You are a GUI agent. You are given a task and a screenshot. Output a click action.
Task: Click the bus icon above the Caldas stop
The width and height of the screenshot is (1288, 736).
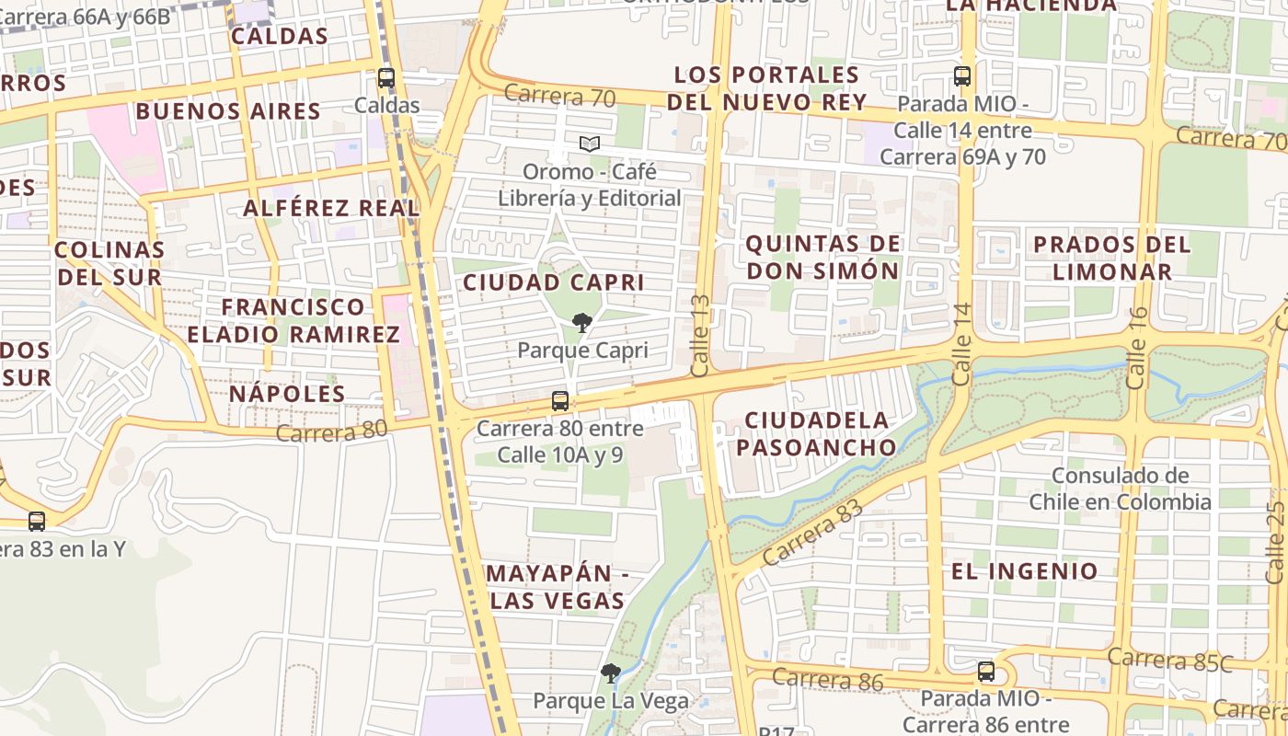point(386,78)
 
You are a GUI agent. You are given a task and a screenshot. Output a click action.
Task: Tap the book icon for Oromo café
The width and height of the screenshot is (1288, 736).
point(590,144)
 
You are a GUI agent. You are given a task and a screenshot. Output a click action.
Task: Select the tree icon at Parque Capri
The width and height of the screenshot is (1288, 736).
point(581,322)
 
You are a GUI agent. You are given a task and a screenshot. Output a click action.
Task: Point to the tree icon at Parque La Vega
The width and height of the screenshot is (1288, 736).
point(610,673)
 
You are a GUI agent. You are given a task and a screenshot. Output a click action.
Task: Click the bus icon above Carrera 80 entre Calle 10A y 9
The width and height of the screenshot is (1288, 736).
point(559,401)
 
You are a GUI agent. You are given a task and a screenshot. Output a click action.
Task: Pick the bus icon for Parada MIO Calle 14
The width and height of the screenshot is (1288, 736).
point(962,76)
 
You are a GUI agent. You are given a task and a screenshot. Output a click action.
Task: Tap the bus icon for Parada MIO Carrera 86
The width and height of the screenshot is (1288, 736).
point(986,672)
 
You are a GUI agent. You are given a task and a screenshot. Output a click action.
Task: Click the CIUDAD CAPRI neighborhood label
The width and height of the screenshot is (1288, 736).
point(553,282)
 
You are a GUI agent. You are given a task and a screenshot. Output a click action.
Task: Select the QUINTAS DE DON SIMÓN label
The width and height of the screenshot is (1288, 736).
point(822,258)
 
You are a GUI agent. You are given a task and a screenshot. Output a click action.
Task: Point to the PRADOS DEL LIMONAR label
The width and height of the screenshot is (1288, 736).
point(1111,258)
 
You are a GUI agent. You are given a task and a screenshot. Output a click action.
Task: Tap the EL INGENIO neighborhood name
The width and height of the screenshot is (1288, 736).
point(1024,571)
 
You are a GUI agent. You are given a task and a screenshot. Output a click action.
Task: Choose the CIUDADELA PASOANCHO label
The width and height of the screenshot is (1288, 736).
point(817,434)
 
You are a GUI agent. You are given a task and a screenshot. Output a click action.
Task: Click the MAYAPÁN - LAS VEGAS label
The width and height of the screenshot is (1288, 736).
point(557,587)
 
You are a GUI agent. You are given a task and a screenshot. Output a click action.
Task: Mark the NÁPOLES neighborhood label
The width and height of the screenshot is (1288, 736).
point(287,394)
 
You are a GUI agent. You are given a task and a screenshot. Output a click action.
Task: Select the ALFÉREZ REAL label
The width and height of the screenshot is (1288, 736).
point(331,208)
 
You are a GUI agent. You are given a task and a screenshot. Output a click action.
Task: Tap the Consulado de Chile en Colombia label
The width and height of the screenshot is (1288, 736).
point(1120,489)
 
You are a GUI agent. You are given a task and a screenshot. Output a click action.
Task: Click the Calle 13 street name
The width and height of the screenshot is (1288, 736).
point(700,335)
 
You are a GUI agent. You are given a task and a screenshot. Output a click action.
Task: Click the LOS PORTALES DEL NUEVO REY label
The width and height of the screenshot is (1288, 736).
point(766,88)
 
